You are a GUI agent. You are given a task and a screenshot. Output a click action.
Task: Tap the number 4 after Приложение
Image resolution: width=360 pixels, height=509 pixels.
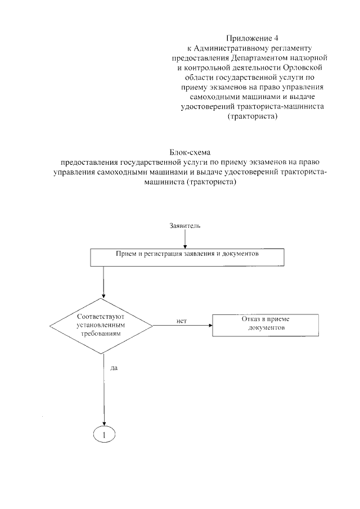[x=276, y=38]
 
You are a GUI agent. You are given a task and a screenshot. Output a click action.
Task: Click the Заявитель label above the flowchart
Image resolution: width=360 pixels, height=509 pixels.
[x=186, y=226]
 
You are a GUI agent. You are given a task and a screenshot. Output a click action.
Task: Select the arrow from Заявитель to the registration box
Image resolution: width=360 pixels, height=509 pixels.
[x=186, y=239]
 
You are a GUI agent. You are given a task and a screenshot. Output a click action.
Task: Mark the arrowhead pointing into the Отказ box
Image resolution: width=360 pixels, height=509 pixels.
[x=209, y=326]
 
